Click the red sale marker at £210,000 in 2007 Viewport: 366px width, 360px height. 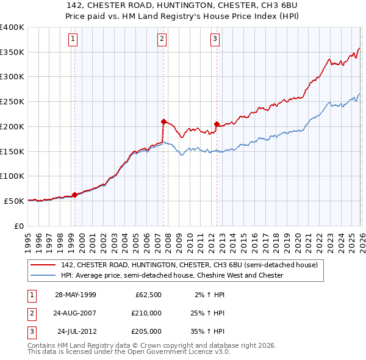(x=163, y=121)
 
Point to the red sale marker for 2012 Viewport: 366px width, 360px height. (x=217, y=124)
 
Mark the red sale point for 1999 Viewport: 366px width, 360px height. (x=75, y=195)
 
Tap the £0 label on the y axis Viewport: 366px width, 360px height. (x=18, y=225)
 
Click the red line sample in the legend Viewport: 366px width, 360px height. (x=44, y=265)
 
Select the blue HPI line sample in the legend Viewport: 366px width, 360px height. (x=44, y=276)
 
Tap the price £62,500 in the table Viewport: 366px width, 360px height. (x=146, y=295)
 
